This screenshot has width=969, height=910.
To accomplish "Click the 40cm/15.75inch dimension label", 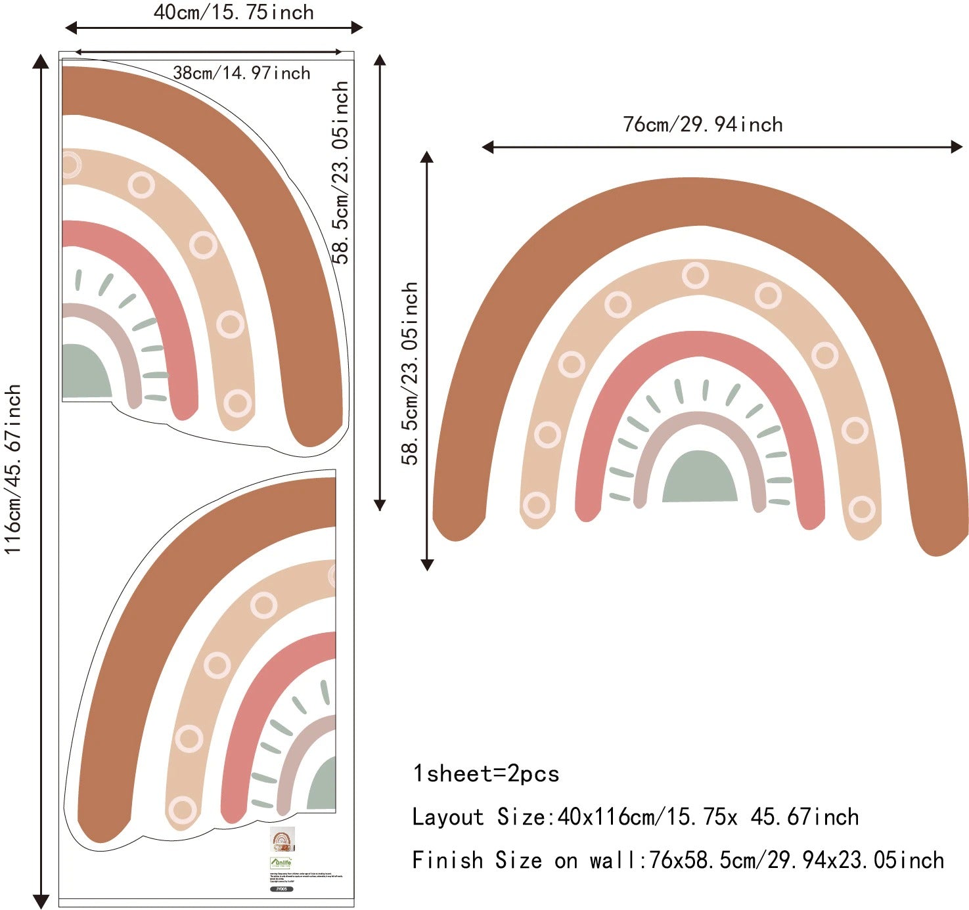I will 233,12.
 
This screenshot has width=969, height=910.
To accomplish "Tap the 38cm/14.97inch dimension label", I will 241,72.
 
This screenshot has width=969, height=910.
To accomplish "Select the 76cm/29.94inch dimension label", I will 702,124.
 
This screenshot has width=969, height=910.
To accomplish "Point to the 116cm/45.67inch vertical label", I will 13,469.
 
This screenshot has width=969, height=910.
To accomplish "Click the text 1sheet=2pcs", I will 485,773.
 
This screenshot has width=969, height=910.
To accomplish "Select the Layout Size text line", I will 635,817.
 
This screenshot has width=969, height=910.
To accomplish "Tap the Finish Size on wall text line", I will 677,859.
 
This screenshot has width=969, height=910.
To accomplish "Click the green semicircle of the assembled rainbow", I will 700,479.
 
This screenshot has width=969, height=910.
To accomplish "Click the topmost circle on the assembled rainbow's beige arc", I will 694,275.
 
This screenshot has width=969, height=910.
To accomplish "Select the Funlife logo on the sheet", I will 281,863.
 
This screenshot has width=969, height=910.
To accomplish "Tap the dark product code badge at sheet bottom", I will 281,889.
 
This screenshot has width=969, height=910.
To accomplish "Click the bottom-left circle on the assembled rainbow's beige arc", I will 536,505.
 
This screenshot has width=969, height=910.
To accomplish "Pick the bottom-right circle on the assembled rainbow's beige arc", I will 861,509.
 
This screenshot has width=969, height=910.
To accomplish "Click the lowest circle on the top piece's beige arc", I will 237,402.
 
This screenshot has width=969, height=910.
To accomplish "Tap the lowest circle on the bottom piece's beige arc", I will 182,810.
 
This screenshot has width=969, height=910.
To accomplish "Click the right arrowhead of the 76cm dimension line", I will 957,147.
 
